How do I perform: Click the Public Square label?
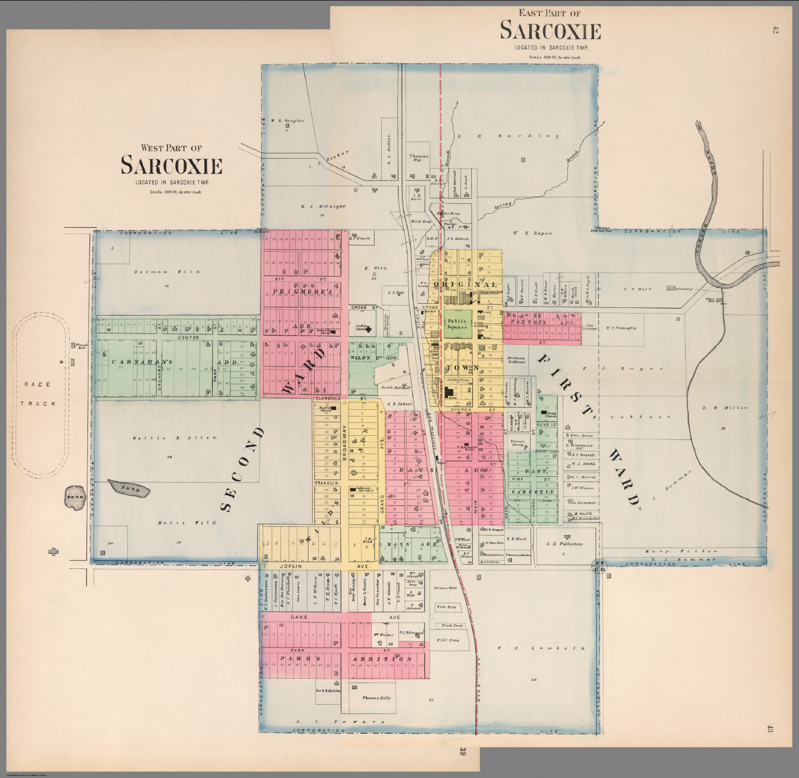click(x=457, y=324)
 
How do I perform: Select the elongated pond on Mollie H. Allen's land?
click(x=129, y=488)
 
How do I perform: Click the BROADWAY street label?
click(x=344, y=442)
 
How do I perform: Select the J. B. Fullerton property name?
click(x=564, y=544)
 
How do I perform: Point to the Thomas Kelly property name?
click(x=377, y=698)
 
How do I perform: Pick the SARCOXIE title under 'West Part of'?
click(x=171, y=166)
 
